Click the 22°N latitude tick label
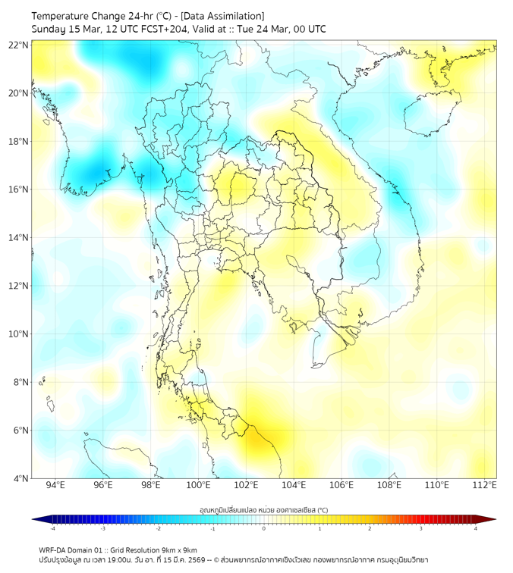[19, 45]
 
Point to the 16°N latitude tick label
[19, 189]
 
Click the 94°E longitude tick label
[55, 485]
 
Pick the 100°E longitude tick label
[199, 485]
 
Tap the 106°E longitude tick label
[342, 485]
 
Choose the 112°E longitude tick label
[485, 485]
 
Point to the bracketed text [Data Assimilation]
[223, 16]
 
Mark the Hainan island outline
[429, 114]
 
